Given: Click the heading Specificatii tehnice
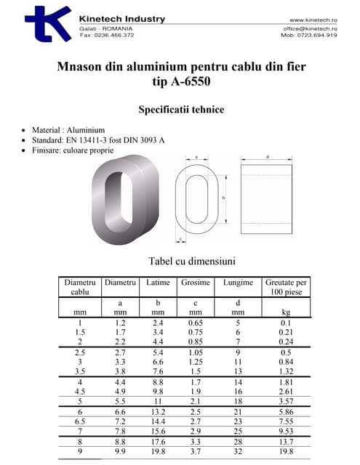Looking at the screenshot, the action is pos(181,110).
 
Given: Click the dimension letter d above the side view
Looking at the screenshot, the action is pos(267,157).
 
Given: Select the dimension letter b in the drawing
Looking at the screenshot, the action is pos(223,197).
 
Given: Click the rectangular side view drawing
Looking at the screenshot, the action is pos(267,197).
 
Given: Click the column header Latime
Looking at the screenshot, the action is pos(159,282).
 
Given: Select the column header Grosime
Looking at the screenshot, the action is pos(196,282).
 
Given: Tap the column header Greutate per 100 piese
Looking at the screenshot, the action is pos(286,286).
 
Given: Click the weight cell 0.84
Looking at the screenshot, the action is pos(286,361).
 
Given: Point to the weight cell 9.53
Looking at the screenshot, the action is pos(286,431).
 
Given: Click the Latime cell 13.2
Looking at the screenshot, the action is pos(159,411).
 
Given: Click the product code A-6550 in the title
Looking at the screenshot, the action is pos(191,81).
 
